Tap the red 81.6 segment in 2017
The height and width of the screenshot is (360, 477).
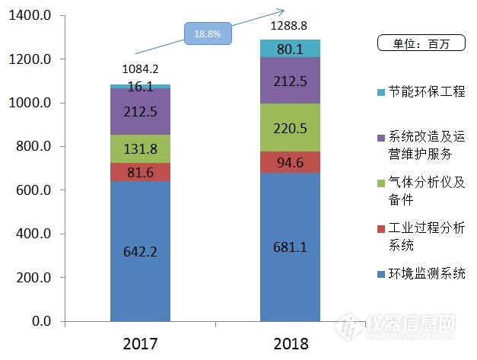[x=140, y=172]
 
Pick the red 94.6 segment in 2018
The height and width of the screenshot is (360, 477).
[x=290, y=161]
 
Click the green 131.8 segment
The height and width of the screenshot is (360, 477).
[x=140, y=148]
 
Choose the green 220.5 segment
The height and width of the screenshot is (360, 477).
[x=290, y=128]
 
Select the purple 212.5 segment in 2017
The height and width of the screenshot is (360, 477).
[x=140, y=112]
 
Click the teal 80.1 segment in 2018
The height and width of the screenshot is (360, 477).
[x=290, y=49]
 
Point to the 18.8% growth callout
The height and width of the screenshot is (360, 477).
[x=207, y=34]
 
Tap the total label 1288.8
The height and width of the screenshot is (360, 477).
[x=290, y=24]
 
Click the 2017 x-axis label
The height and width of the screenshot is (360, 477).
[x=140, y=344]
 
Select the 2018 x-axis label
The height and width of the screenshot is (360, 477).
[x=290, y=344]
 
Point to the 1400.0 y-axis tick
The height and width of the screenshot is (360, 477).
[x=30, y=15]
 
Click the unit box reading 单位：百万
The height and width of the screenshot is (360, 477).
[x=423, y=43]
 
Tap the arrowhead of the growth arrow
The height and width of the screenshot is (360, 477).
[x=281, y=11]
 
